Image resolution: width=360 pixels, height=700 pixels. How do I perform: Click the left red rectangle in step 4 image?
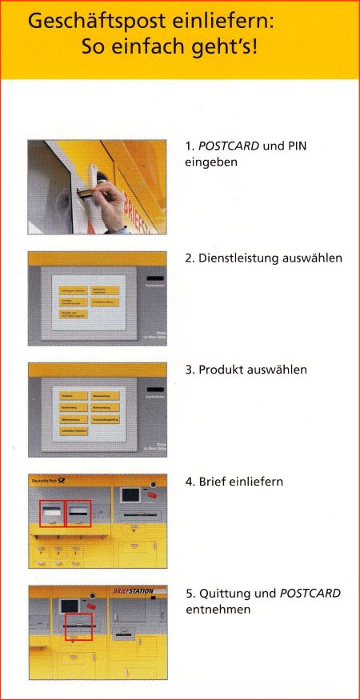(52, 514)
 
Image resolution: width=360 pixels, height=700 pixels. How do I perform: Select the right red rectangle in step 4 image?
(78, 514)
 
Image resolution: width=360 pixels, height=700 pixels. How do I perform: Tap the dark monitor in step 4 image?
(130, 494)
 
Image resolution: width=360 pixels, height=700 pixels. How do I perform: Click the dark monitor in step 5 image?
(70, 607)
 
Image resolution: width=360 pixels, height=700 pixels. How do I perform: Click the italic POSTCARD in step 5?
(310, 594)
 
